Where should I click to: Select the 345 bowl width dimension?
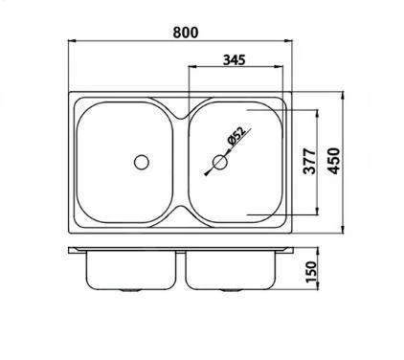coord(234,58)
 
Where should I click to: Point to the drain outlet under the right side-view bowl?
coord(230,289)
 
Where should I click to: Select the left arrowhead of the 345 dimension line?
coord(188,68)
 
